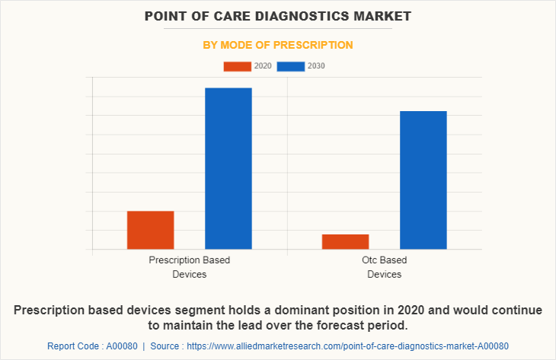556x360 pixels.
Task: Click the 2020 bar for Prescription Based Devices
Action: click(x=150, y=230)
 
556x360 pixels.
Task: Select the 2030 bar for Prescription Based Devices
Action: click(x=228, y=168)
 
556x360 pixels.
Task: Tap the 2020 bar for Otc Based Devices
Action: click(x=345, y=241)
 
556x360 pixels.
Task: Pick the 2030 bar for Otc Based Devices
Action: click(x=423, y=180)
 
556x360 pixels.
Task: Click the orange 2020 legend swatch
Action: click(x=237, y=66)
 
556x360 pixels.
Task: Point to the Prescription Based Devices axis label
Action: click(x=189, y=267)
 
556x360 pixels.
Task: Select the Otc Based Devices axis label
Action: click(x=384, y=267)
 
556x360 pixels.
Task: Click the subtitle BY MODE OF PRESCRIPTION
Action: click(x=278, y=45)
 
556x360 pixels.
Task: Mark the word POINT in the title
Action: click(x=168, y=16)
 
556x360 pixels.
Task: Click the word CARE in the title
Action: click(x=236, y=16)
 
